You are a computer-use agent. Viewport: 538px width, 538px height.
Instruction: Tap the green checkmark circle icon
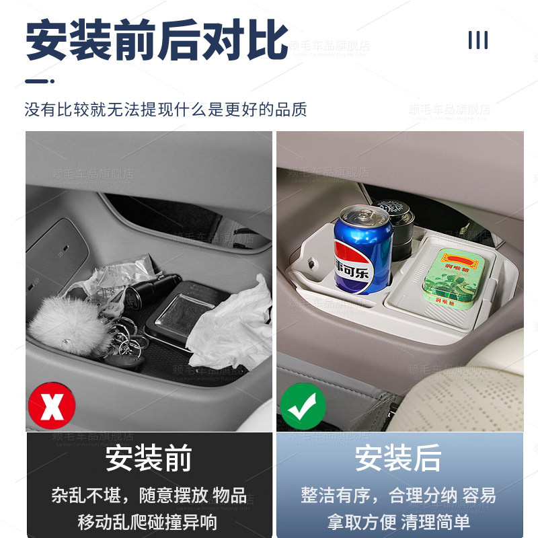[x=303, y=406]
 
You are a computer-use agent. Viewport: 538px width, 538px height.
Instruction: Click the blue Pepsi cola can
[x=363, y=250]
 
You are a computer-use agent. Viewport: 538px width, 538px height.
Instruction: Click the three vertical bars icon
[x=477, y=40]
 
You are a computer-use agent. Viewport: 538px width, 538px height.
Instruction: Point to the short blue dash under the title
[x=40, y=81]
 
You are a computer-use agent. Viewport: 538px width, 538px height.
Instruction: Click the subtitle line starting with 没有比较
[x=165, y=110]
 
